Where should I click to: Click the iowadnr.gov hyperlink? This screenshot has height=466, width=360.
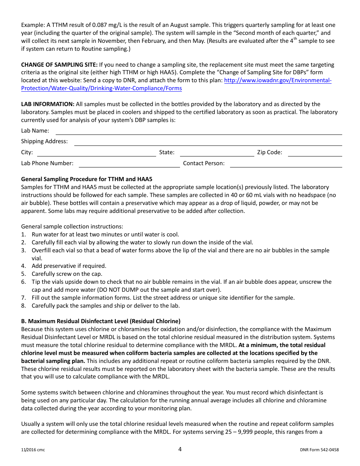[278, 80]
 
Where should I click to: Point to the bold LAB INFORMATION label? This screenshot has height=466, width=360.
[48, 104]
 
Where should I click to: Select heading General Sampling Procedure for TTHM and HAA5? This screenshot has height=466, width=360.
[86, 179]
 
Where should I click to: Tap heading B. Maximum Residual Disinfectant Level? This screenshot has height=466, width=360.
[100, 321]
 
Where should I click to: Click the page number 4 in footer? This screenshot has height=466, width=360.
[180, 449]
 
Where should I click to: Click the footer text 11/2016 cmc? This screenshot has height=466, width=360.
[33, 450]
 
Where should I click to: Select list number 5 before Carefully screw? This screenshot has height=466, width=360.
[23, 274]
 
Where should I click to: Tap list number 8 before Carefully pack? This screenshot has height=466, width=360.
[23, 306]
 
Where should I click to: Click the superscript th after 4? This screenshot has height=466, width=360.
[295, 39]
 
